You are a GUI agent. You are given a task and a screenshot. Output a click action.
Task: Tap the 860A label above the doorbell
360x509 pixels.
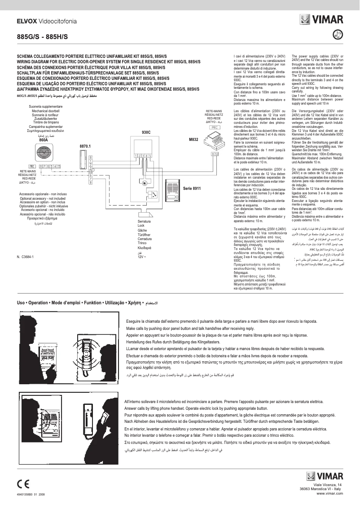point(44,140)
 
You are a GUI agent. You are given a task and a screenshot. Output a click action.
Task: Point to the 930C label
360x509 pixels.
point(146,133)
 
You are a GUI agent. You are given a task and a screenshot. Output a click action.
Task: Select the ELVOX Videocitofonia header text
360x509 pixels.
point(46,21)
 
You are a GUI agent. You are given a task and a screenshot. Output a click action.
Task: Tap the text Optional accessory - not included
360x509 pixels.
point(43,198)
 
